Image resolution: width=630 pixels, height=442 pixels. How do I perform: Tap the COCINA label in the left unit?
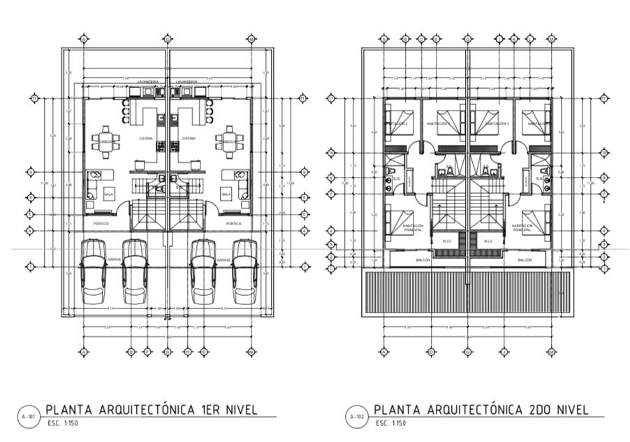(x=146, y=138)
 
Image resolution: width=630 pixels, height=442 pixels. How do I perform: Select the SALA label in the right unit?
(x=226, y=194)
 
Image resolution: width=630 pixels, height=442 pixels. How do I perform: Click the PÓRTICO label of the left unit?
(x=101, y=223)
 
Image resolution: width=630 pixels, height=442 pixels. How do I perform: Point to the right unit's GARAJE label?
(x=223, y=259)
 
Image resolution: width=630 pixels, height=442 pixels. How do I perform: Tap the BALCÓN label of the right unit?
(x=525, y=259)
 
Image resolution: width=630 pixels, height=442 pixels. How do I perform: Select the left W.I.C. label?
(x=448, y=242)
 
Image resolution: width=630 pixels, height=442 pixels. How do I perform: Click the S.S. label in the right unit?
(x=539, y=178)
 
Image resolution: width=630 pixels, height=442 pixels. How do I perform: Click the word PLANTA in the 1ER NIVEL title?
(x=68, y=409)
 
